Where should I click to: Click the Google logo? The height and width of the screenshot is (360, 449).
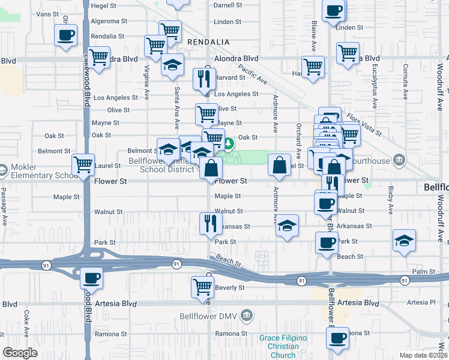20,352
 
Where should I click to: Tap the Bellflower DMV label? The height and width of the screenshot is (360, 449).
209,316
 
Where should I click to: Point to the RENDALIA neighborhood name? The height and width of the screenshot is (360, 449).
208,41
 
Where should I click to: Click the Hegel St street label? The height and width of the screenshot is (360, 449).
103,6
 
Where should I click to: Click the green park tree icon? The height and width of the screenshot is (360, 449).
229,144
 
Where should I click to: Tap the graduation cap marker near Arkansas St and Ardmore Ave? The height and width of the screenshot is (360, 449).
288,225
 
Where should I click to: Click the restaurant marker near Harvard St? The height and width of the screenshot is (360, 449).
203,77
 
